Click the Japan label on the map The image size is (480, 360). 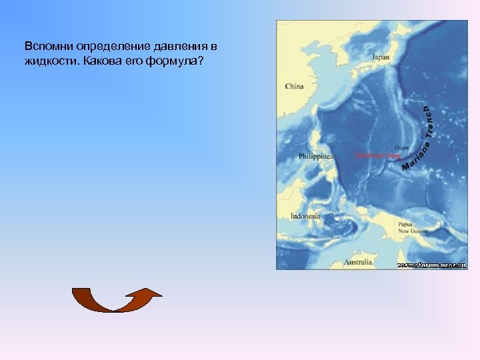click(380, 57)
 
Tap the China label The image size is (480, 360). click(294, 86)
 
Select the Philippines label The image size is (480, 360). click(315, 156)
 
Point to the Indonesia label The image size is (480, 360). click(305, 216)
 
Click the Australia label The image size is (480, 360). click(358, 262)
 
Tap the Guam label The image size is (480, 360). click(401, 147)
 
